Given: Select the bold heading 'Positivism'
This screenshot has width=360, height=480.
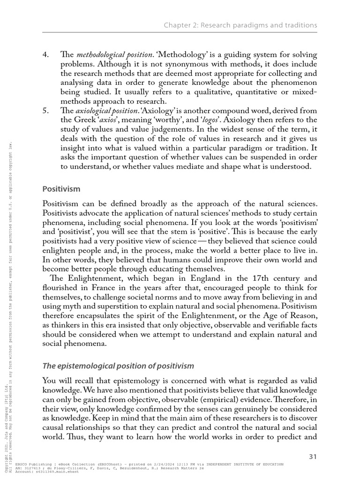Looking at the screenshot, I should (x=61, y=189).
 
